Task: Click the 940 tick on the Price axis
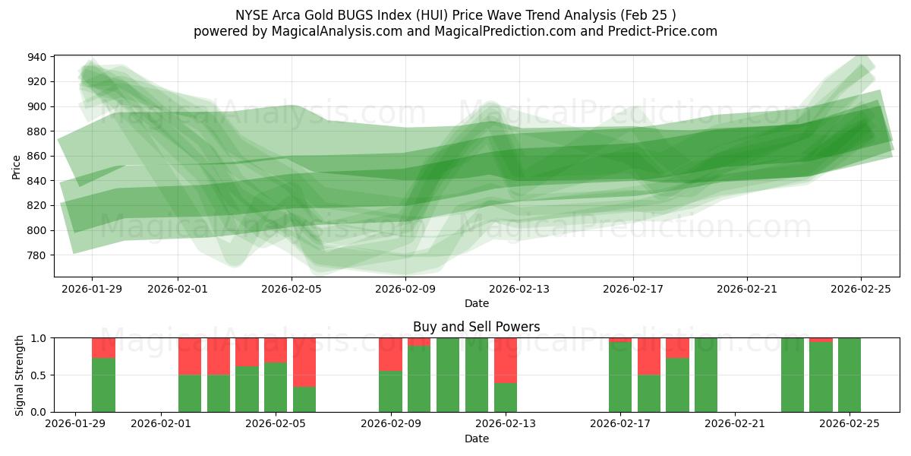tap(37, 57)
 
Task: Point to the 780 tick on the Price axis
tap(37, 255)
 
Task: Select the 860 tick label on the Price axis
tap(37, 156)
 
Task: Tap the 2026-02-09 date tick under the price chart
tap(405, 289)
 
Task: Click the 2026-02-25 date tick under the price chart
tap(861, 289)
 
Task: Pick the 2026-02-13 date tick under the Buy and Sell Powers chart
tap(506, 424)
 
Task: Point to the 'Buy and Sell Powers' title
tap(477, 327)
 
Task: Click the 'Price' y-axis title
tap(16, 166)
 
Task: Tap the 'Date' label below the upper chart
tap(477, 303)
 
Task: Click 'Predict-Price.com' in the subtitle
tap(660, 31)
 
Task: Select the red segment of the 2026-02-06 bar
tap(304, 362)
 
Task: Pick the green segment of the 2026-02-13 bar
tap(506, 397)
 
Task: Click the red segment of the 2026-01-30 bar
tap(103, 347)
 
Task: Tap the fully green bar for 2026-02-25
tap(850, 375)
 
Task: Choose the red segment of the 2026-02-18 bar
tap(649, 356)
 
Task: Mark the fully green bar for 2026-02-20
tap(706, 375)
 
